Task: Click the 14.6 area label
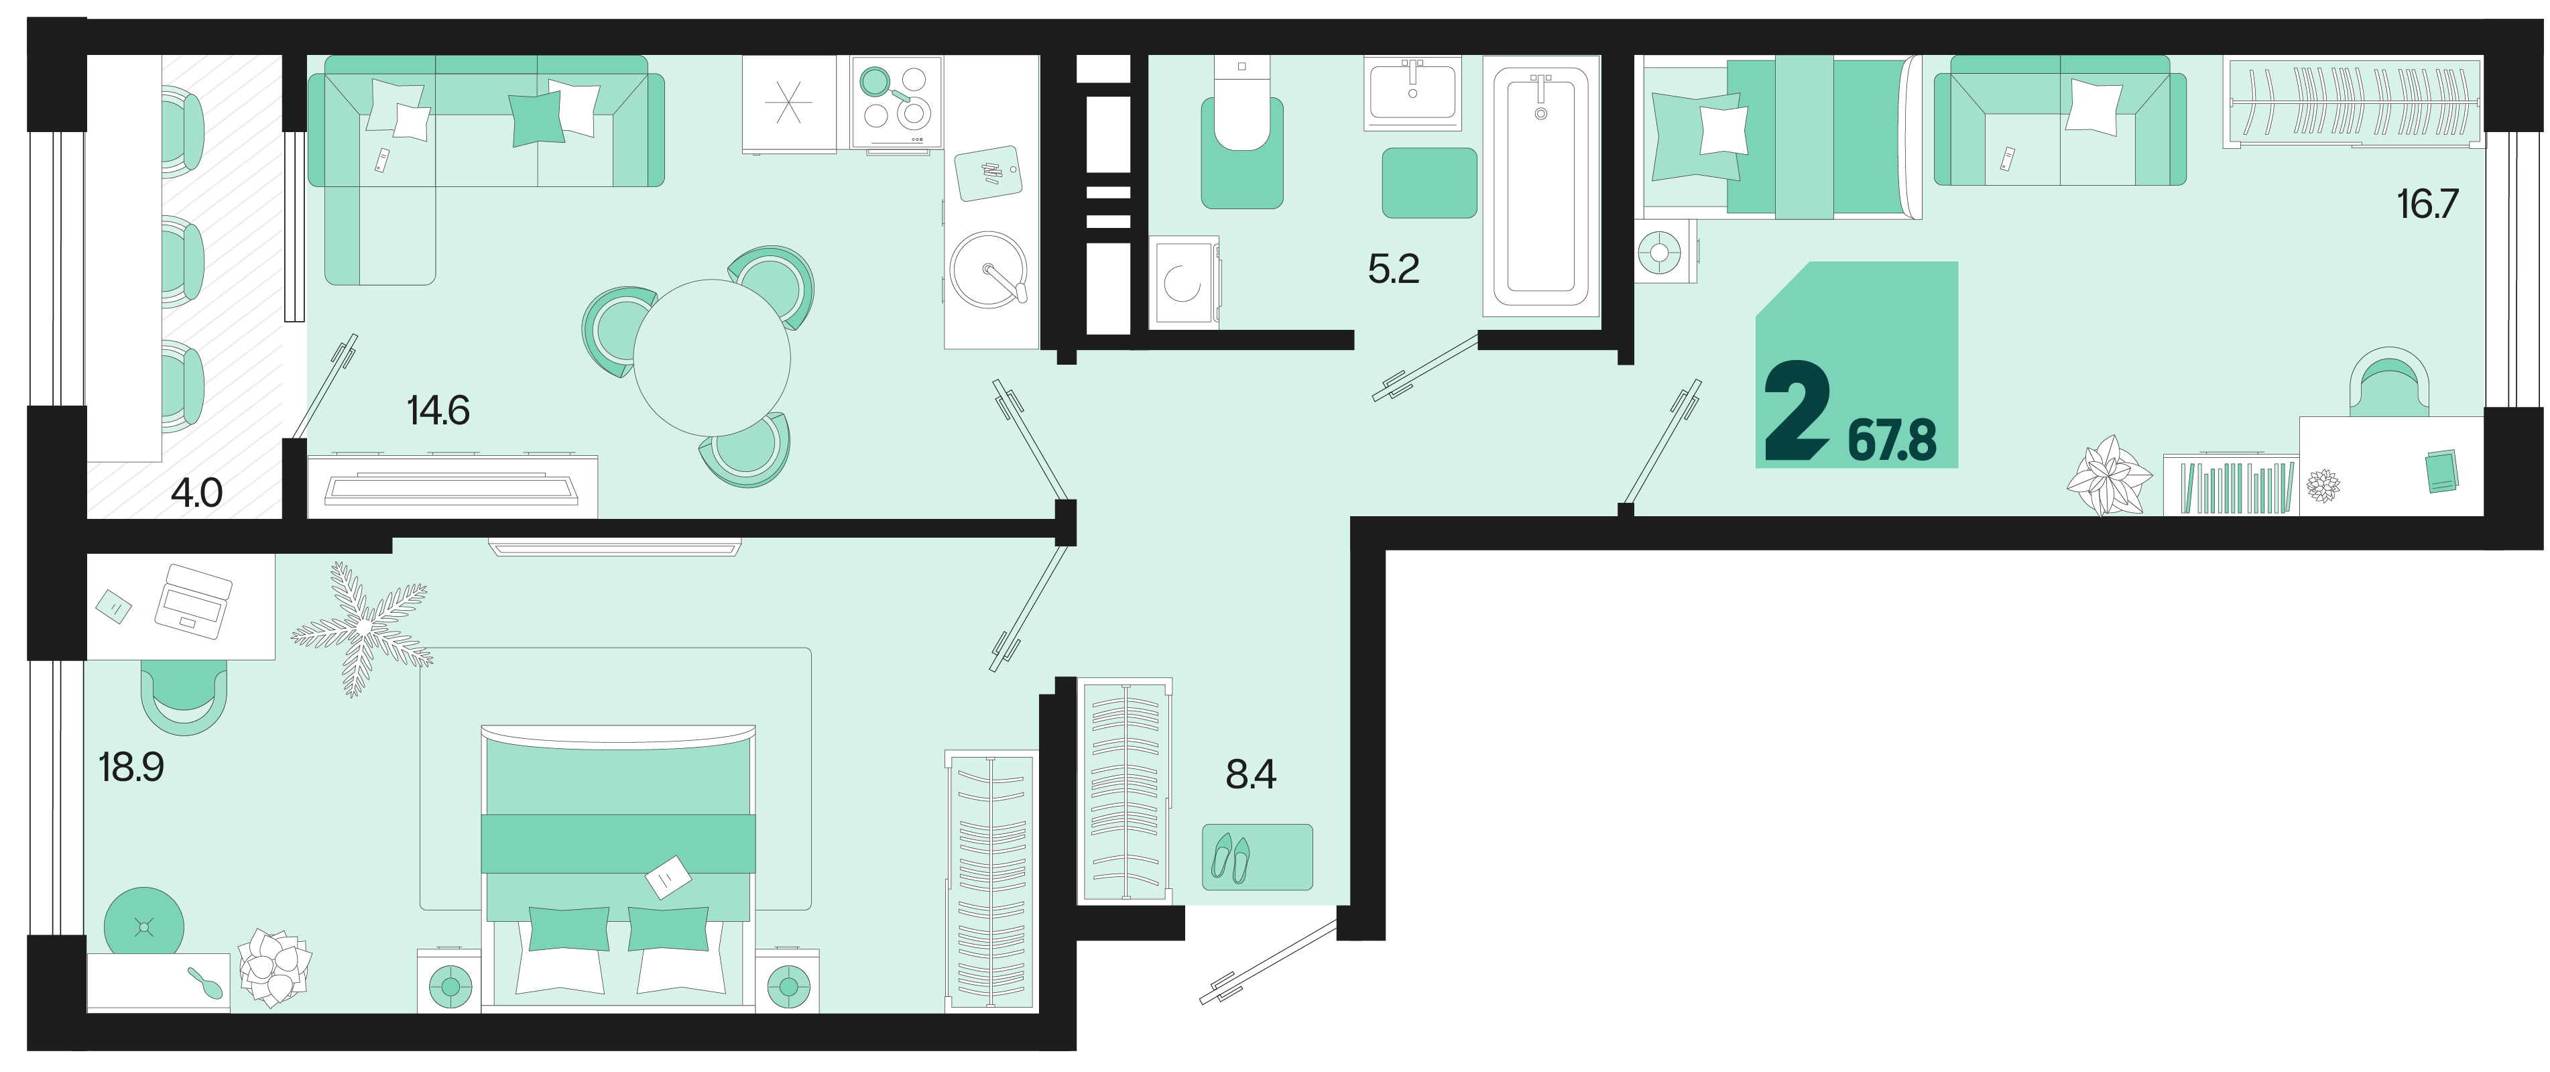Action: click(438, 410)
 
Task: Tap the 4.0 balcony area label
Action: click(197, 492)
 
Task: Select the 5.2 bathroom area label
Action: click(1394, 268)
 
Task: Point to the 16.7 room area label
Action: click(2427, 204)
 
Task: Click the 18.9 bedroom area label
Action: click(131, 766)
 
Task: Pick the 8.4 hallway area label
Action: click(1252, 774)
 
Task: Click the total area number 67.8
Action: click(1892, 440)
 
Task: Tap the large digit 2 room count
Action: click(1797, 410)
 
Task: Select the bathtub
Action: click(1540, 186)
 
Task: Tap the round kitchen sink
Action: click(988, 270)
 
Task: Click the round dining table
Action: click(712, 358)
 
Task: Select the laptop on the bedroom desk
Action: click(193, 601)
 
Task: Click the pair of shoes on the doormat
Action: click(1231, 858)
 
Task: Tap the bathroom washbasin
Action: click(1412, 92)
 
